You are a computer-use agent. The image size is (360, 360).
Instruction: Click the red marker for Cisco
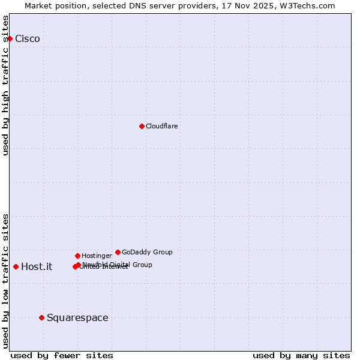click(10, 38)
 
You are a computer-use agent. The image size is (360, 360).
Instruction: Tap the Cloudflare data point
click(142, 126)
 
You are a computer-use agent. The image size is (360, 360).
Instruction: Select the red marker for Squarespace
click(41, 317)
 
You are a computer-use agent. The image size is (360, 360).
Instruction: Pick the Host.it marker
click(16, 266)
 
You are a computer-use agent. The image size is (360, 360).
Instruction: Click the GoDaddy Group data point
click(118, 252)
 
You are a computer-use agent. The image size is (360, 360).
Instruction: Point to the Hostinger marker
click(77, 256)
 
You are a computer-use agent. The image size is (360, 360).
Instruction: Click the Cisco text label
click(28, 39)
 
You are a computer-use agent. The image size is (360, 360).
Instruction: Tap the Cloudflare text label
click(162, 126)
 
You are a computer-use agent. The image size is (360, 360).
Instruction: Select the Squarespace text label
click(77, 318)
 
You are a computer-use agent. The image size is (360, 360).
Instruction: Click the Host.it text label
click(37, 267)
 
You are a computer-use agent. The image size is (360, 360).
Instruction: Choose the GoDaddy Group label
click(147, 252)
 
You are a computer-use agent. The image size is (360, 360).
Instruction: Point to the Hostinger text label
click(97, 256)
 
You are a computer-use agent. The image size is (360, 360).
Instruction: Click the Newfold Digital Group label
click(118, 264)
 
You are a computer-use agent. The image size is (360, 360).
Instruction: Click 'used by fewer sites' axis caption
click(62, 355)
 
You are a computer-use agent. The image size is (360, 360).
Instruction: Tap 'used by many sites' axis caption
click(301, 355)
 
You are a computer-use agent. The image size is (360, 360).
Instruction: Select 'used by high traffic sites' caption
click(6, 85)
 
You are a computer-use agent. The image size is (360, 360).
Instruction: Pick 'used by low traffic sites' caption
click(6, 281)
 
